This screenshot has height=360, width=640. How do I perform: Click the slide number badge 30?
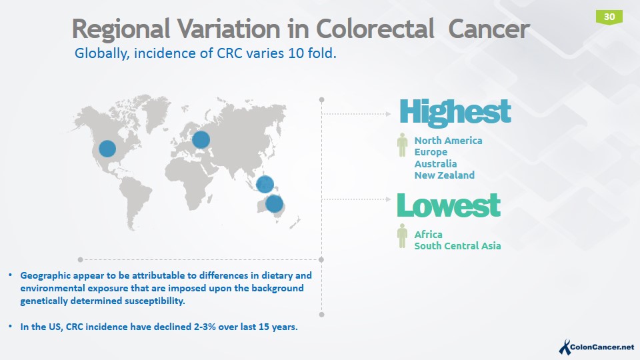(609, 16)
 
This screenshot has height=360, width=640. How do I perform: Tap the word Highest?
(455, 113)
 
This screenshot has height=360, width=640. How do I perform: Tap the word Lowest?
(448, 206)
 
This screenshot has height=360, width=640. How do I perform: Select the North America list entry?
(448, 141)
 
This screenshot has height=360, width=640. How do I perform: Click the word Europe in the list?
(431, 152)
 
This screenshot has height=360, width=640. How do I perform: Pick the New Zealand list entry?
(444, 175)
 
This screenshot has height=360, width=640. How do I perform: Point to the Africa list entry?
(428, 235)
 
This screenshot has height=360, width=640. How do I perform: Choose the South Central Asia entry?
(457, 246)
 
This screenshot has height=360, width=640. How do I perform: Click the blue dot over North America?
(107, 149)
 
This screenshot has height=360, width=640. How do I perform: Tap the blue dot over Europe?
(201, 140)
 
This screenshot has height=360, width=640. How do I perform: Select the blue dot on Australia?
(274, 204)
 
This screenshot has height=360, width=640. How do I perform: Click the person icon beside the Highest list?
(402, 145)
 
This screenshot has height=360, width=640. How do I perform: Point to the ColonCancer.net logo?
(596, 347)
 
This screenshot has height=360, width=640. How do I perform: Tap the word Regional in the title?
(119, 29)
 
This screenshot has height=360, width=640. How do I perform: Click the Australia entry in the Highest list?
(435, 164)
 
